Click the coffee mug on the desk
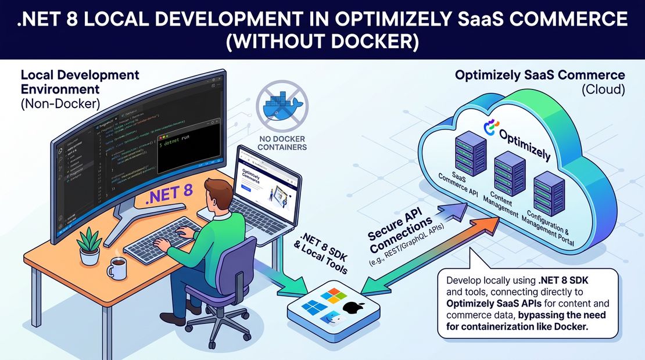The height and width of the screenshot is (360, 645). (117, 268)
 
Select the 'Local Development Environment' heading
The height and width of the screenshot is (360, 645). (80, 83)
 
